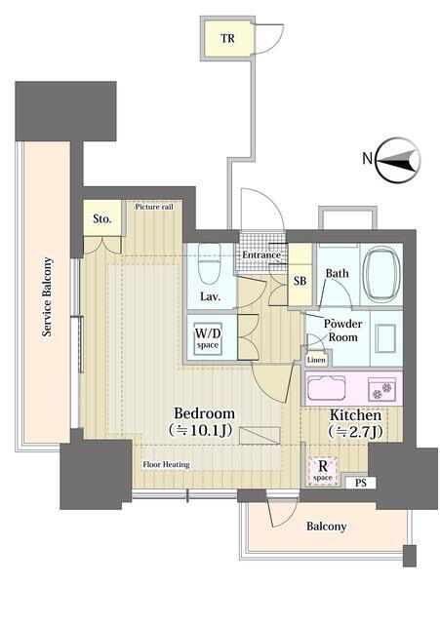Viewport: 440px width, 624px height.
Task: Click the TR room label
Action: pos(227,39)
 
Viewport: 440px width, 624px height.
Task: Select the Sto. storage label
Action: pos(101,218)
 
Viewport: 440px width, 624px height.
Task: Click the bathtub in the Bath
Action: pos(381,275)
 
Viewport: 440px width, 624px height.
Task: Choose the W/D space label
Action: pos(208,338)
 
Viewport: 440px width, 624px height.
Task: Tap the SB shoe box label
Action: pos(300,281)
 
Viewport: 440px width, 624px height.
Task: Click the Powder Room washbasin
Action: pos(385,338)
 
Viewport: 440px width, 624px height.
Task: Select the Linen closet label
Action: pos(316,360)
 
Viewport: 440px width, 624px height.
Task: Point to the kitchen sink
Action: pos(326,388)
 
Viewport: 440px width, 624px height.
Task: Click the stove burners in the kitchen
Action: pos(381,389)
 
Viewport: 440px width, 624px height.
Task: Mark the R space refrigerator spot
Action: pos(323,470)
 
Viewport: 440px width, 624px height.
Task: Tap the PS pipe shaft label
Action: pos(360,484)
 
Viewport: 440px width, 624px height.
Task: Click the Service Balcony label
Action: pos(48,296)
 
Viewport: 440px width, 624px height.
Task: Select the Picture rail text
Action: pos(154,207)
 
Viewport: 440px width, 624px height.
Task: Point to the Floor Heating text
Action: pos(166,464)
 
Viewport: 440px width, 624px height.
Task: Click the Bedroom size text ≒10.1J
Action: pos(200,430)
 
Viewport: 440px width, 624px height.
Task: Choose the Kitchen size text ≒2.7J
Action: pos(355,431)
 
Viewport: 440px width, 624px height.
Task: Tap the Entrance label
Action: pos(261,254)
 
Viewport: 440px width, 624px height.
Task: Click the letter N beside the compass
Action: pos(368,159)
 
